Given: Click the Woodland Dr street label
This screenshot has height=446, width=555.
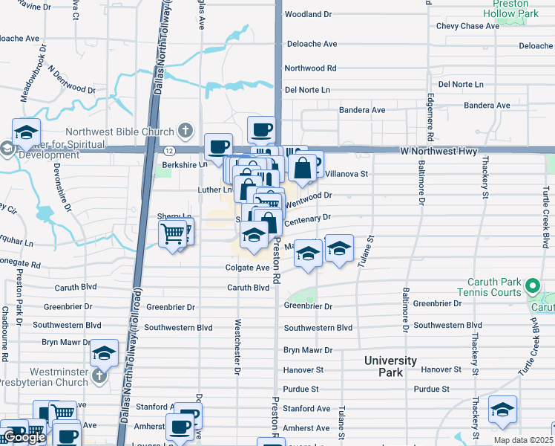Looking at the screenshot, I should click(x=308, y=14).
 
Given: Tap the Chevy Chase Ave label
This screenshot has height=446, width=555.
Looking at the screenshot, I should click(x=467, y=26).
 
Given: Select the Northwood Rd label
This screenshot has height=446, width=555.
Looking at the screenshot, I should click(x=311, y=68).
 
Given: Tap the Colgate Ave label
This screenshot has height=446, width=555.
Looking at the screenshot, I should click(x=248, y=268).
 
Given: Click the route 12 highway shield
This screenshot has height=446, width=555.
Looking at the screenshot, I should click(x=170, y=151).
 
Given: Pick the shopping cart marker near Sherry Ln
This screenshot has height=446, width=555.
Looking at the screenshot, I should click(x=172, y=234).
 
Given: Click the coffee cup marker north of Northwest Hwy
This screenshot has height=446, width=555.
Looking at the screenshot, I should click(x=260, y=130).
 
